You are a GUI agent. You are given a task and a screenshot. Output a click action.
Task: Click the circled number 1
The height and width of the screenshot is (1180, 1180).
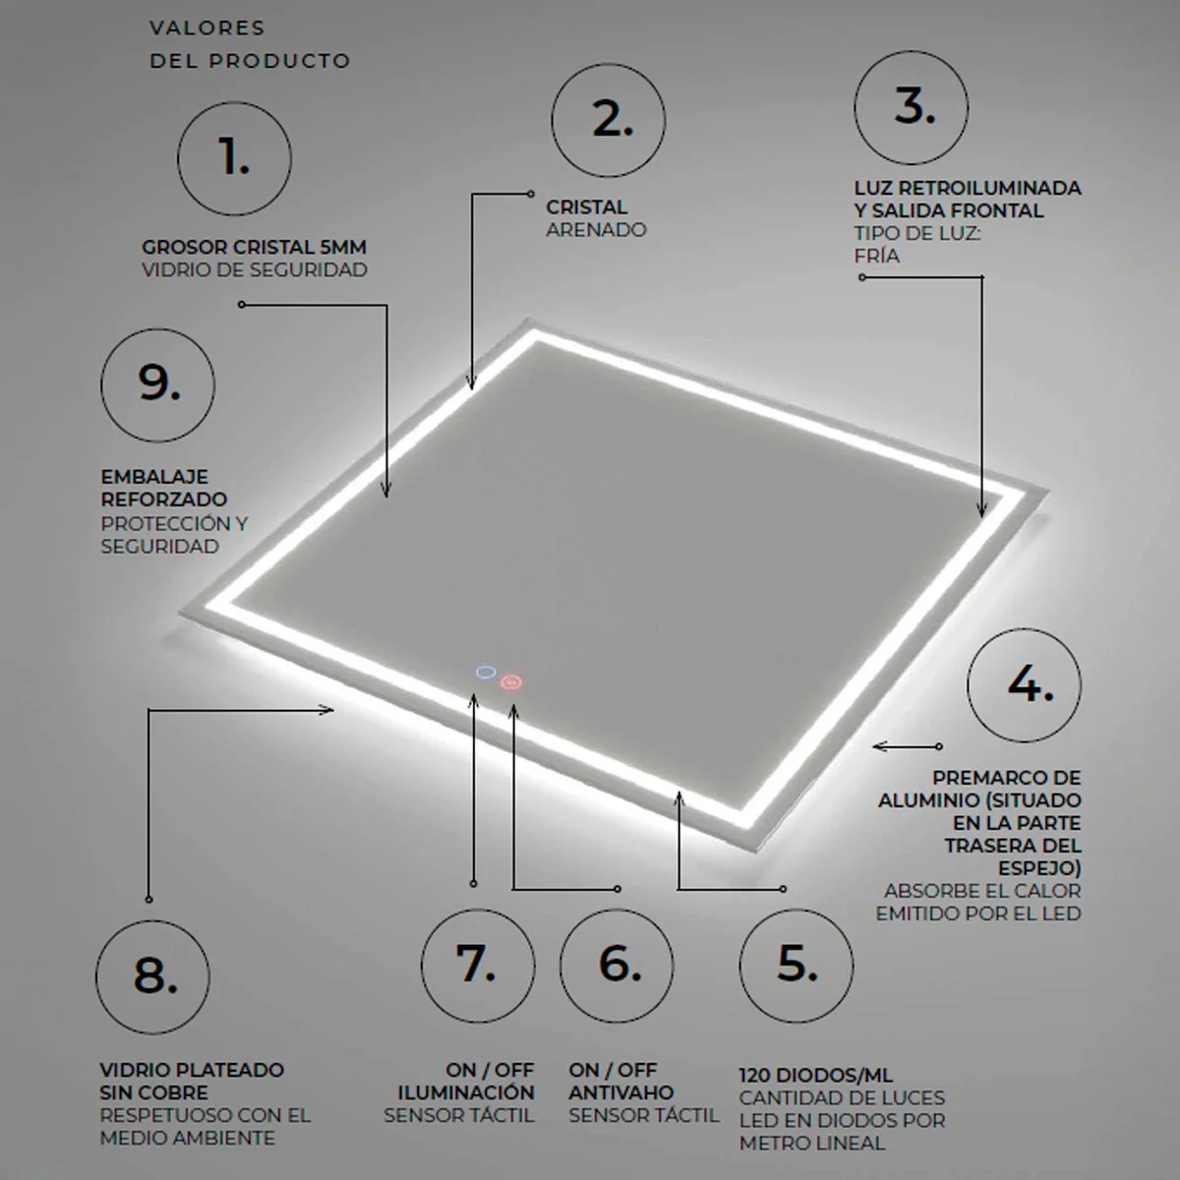click(235, 158)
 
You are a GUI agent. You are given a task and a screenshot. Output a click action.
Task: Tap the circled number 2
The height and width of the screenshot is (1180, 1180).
click(608, 120)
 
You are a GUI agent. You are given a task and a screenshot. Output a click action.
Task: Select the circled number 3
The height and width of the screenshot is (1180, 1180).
click(912, 107)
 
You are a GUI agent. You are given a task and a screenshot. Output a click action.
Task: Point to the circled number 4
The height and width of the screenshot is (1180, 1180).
click(1025, 685)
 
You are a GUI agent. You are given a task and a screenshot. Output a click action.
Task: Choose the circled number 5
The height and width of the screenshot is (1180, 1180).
click(796, 966)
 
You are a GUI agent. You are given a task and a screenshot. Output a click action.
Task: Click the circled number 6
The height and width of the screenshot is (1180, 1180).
click(617, 966)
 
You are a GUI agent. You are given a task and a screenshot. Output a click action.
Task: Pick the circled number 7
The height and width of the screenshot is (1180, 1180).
click(478, 966)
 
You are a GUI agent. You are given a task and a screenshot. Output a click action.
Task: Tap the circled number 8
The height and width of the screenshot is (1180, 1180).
click(152, 977)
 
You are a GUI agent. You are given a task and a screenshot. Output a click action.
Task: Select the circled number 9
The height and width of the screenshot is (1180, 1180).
click(158, 385)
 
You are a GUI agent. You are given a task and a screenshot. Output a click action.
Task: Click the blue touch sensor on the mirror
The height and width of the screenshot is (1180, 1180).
click(486, 673)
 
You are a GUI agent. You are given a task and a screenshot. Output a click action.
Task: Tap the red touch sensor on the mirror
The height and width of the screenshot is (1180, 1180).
click(510, 682)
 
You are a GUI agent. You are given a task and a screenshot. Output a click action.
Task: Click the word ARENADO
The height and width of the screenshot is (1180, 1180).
click(597, 230)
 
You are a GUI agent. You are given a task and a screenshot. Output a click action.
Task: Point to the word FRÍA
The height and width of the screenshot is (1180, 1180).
click(877, 255)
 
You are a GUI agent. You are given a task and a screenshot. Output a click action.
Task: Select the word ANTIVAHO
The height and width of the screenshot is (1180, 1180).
click(620, 1092)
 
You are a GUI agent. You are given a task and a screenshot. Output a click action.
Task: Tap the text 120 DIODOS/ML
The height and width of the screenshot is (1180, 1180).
click(815, 1076)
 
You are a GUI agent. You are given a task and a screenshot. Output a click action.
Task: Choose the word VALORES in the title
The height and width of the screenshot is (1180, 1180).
click(206, 29)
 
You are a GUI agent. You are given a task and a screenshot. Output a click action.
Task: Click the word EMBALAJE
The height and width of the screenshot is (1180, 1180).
click(154, 476)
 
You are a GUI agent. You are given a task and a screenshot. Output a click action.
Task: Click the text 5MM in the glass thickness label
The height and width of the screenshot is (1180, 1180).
click(343, 247)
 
